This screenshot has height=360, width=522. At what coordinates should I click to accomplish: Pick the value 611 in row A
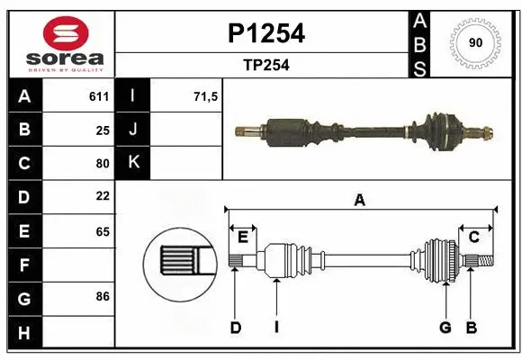[x=99, y=95]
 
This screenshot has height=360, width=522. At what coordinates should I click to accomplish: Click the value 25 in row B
[x=103, y=130]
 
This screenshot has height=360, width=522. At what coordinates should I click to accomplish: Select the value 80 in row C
[x=103, y=164]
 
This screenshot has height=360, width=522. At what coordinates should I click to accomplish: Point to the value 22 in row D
[x=103, y=196]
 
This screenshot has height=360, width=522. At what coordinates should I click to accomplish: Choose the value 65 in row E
[x=103, y=231]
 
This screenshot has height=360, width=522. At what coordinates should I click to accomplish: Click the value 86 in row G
[x=103, y=295]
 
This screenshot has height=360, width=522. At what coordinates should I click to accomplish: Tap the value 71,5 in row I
[x=206, y=95]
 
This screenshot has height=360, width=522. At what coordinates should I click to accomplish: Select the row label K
[x=133, y=163]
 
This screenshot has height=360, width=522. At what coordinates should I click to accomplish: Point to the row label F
[x=24, y=265]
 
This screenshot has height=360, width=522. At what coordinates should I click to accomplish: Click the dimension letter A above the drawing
[x=359, y=200]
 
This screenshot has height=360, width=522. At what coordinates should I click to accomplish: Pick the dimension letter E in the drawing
[x=243, y=237]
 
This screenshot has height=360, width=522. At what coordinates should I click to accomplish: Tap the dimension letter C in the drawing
[x=473, y=237]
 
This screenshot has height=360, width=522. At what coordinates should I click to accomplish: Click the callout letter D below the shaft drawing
[x=235, y=327]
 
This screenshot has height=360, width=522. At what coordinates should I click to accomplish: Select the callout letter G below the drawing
[x=445, y=327]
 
